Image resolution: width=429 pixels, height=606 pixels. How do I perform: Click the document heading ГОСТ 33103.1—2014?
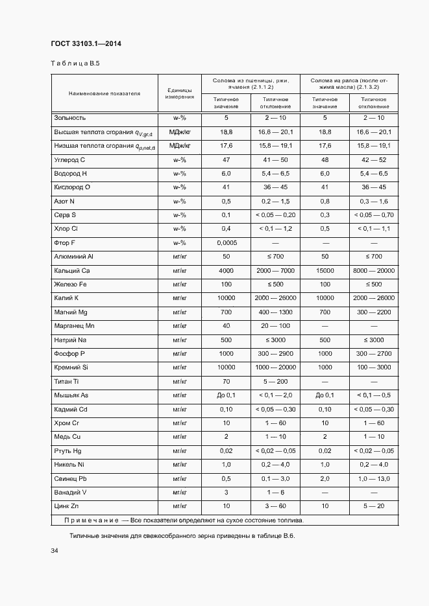[x=86, y=44]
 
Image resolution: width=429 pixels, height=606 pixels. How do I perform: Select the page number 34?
[x=55, y=550]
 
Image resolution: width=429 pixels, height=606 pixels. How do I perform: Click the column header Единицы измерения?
[x=179, y=93]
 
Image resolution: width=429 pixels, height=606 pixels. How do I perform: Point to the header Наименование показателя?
[x=104, y=93]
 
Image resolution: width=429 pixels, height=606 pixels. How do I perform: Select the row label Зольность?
[x=69, y=118]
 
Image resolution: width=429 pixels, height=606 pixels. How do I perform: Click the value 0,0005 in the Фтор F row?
[x=226, y=242]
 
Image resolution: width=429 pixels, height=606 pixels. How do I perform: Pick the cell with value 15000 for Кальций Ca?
[x=325, y=270]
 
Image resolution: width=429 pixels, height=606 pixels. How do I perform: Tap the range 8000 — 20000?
[x=374, y=270]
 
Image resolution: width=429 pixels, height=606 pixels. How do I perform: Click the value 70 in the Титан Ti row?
[x=226, y=381]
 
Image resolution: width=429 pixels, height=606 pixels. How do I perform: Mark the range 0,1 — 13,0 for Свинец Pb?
[x=374, y=478]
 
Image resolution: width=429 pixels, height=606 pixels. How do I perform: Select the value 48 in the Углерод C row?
[x=325, y=159]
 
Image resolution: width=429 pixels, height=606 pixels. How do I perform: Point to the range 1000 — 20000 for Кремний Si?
[x=275, y=367]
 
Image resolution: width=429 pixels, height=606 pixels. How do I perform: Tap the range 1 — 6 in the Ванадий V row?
[x=275, y=492]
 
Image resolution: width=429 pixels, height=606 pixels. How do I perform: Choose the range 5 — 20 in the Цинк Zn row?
[x=374, y=506]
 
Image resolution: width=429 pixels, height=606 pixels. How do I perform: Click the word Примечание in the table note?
[x=92, y=520]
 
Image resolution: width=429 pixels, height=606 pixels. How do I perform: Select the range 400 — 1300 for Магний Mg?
[x=275, y=312]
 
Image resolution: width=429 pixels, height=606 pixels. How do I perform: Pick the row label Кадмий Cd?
[x=71, y=409]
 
